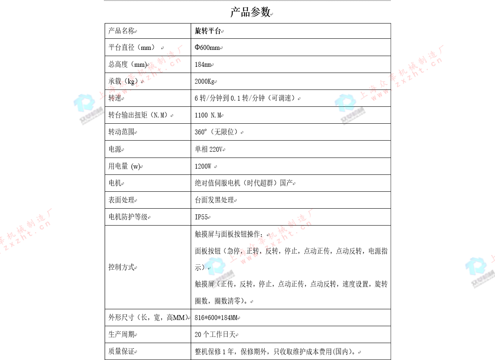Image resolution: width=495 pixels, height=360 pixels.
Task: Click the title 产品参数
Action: coord(250,12)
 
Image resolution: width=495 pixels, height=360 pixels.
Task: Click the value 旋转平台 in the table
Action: coord(208,31)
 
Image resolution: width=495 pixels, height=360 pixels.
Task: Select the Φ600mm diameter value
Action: coord(207,47)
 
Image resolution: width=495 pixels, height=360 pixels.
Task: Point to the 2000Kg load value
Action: coord(205,82)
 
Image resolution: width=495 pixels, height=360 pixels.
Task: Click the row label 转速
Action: coord(115,98)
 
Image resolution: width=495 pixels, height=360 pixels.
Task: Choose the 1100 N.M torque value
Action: coord(208,115)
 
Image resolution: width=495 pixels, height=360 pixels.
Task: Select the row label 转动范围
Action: coord(121,132)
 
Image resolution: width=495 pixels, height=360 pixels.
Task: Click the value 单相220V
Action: coord(208,149)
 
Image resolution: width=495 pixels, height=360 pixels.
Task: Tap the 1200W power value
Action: coord(203,167)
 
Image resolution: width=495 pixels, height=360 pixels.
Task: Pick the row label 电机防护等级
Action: coord(128,217)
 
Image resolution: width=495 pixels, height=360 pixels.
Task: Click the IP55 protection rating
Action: coord(201,217)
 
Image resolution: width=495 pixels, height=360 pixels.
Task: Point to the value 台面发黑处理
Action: coord(214,200)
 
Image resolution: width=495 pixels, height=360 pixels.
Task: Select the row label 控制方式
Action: coord(121,267)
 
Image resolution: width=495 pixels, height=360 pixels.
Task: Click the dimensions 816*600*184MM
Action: coord(216,318)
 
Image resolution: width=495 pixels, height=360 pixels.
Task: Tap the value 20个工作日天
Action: coord(215,335)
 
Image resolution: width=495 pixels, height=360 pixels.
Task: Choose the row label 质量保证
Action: coord(121,352)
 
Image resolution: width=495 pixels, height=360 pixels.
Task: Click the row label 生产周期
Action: coord(121,335)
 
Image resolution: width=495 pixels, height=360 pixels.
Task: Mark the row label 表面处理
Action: coord(121,200)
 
